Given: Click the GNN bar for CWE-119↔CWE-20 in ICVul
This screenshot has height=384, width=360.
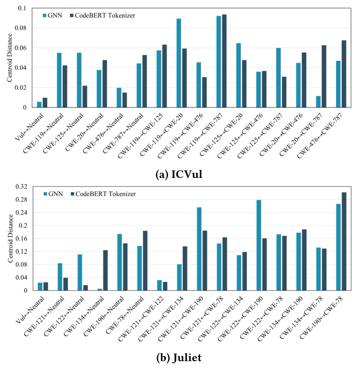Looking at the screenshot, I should tap(179, 63).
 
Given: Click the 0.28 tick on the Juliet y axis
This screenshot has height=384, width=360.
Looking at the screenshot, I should tap(21, 200).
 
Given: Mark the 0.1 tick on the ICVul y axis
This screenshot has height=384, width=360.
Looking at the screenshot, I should tap(24, 8).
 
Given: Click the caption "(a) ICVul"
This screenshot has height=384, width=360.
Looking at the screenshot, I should tap(180, 175).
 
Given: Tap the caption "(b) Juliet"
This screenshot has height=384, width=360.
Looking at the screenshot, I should tap(180, 358).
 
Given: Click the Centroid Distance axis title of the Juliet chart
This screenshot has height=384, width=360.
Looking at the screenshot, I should tap(10, 238).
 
